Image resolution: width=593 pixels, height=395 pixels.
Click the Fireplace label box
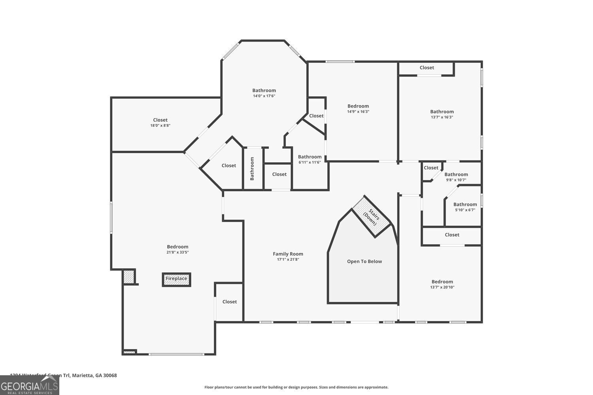176,279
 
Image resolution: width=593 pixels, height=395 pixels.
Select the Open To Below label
364,261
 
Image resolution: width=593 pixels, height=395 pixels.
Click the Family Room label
288,254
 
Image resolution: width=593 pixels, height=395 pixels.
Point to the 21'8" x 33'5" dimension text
178,252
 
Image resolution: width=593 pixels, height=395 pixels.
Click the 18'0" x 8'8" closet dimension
160,126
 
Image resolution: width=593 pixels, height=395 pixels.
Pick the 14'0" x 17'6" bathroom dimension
264,96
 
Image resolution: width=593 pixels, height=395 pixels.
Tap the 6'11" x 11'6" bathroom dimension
310,162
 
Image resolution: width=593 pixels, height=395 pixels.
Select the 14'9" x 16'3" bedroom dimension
358,111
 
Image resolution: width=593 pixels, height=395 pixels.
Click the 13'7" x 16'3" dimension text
442,117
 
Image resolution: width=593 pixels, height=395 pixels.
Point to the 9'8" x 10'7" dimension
456,180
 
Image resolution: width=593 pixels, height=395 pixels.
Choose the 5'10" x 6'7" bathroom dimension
465,210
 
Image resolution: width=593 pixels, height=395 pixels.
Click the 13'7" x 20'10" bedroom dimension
442,288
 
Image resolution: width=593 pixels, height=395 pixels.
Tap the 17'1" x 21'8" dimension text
288,260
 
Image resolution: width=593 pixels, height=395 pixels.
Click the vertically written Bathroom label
252,169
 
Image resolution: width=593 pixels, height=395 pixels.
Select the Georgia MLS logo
30,385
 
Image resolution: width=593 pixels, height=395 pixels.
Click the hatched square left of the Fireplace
128,276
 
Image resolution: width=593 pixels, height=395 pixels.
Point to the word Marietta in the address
83,376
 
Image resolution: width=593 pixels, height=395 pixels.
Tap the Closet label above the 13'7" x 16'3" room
427,68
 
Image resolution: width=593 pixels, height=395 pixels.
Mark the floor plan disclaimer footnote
296,387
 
